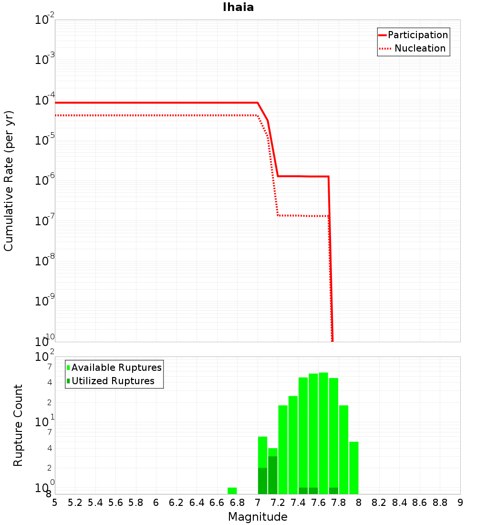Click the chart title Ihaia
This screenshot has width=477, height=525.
(238, 7)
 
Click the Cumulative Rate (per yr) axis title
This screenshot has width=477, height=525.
(9, 181)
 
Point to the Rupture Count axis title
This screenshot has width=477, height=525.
(18, 425)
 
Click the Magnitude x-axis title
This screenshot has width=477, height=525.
(258, 517)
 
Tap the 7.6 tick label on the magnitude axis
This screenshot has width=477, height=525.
(318, 503)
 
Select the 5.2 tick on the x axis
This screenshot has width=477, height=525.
(75, 503)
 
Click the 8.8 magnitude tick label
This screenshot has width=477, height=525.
(440, 503)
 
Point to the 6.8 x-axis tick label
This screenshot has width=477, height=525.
(237, 503)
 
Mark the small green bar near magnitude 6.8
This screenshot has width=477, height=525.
(232, 491)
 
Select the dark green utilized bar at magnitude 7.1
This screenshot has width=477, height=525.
(273, 475)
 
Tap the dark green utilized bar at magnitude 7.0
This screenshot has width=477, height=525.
(262, 481)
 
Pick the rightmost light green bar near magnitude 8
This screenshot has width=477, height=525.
(353, 468)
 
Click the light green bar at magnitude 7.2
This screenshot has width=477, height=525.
(283, 449)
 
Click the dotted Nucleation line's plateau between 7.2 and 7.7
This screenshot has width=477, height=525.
(303, 216)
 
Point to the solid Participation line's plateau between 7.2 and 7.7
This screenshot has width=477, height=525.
(303, 176)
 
